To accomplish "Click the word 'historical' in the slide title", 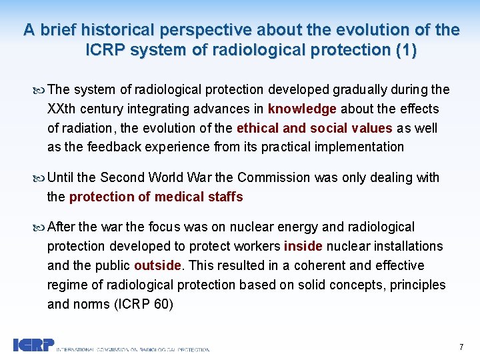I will (x=114, y=30).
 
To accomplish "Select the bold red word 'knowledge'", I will (x=303, y=109).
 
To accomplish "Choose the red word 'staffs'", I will (x=225, y=197).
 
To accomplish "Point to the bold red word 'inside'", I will (x=303, y=247).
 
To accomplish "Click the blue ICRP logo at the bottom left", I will (x=33, y=345).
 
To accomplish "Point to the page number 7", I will (x=461, y=347).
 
